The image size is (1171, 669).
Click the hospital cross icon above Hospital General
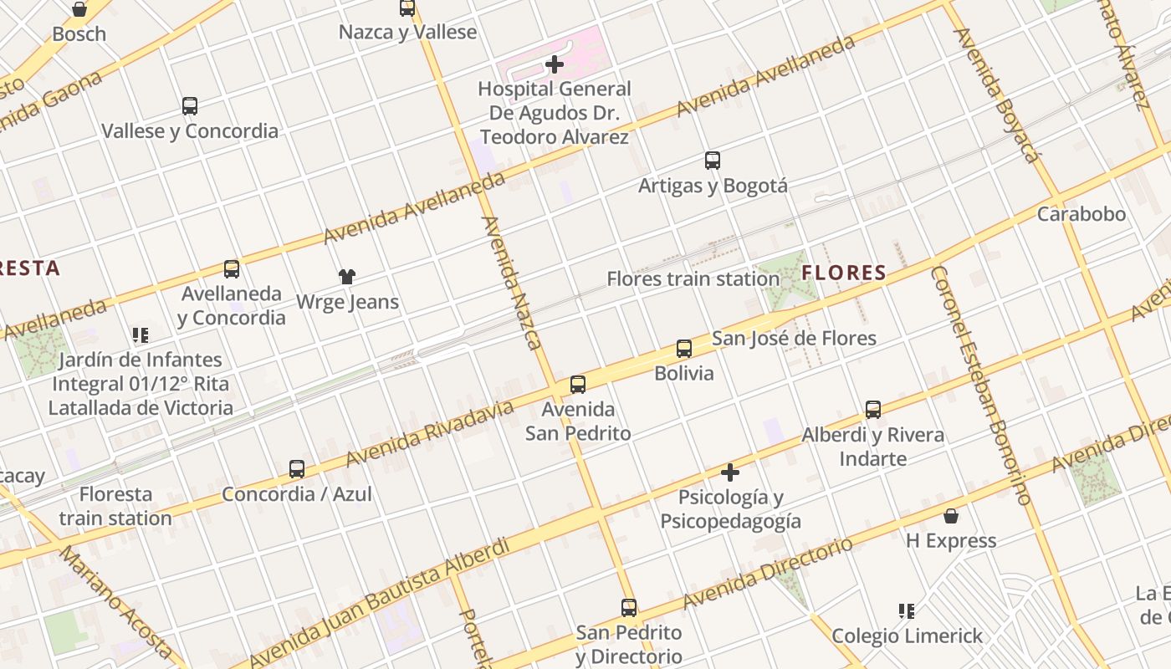coord(554,64)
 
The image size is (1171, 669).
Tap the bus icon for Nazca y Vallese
coord(407,8)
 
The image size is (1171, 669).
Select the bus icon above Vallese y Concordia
coord(190,106)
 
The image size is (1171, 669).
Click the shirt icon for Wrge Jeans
coord(347,277)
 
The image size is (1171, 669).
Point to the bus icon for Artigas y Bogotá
coord(713,161)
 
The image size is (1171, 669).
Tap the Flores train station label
coord(693,278)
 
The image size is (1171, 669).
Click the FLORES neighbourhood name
coord(843,273)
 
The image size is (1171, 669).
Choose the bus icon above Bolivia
coord(684,349)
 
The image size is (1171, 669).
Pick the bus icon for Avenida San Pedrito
coord(578,385)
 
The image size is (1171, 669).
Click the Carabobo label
coord(1081,214)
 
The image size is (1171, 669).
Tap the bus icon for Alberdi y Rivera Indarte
coord(873,410)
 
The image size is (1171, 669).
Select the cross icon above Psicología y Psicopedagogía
coord(730,472)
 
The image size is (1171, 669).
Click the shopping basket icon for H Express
coord(951,516)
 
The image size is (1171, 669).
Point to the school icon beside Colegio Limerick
coord(906,611)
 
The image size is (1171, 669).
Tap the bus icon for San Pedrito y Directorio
coord(629,608)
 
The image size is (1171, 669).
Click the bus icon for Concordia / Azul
coord(297,469)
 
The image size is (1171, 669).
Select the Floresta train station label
coord(115,506)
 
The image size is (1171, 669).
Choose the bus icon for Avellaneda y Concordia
coord(232,269)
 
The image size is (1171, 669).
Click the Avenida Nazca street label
coord(512,283)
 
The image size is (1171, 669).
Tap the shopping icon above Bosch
coord(79,9)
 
